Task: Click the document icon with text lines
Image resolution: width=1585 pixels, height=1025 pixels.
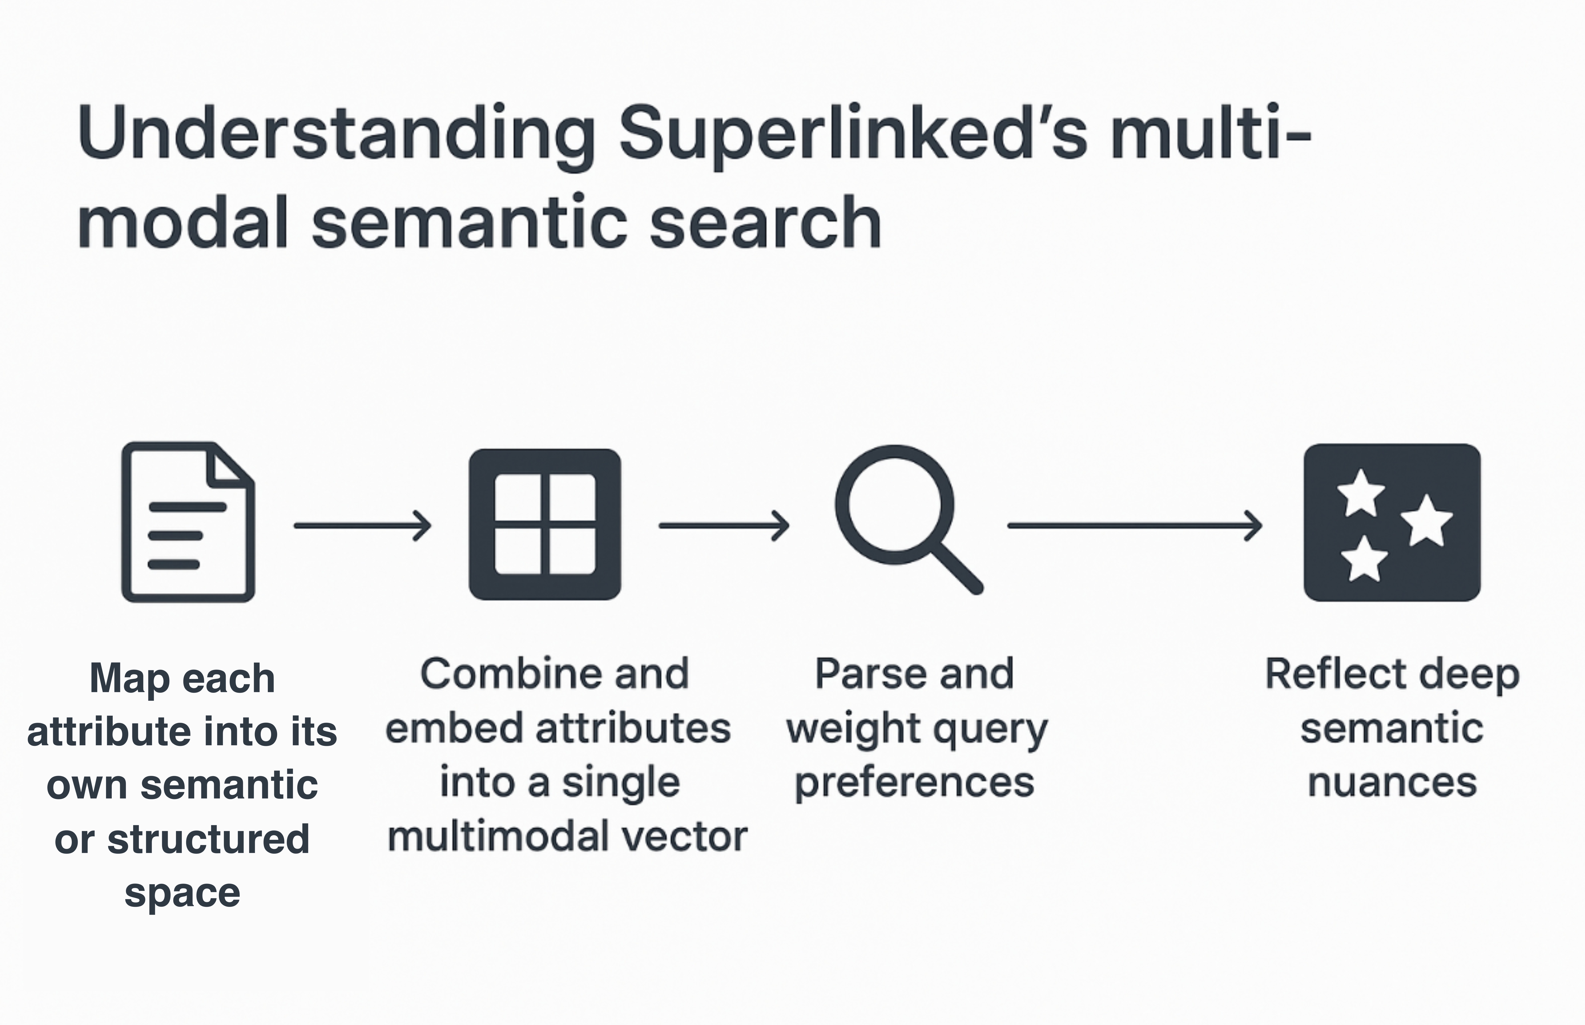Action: pyautogui.click(x=188, y=522)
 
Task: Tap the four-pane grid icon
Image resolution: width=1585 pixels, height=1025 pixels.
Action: pyautogui.click(x=545, y=525)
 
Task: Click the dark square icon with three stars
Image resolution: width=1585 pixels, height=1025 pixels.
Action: pyautogui.click(x=1392, y=522)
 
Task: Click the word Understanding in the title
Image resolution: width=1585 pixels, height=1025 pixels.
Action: pyautogui.click(x=336, y=133)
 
